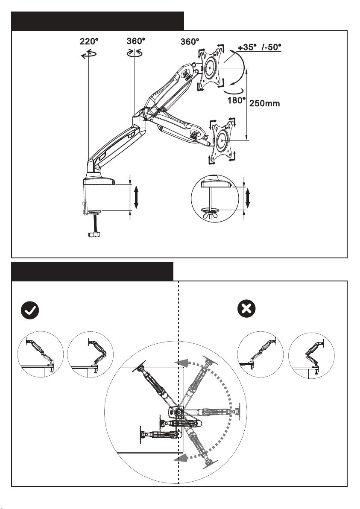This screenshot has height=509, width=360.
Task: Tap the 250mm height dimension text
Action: point(264,103)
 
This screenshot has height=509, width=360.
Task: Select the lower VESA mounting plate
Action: point(222,140)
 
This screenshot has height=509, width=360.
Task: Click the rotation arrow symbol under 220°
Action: point(88,54)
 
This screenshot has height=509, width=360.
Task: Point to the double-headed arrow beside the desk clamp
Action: point(136,198)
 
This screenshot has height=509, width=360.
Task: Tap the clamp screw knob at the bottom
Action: point(94,234)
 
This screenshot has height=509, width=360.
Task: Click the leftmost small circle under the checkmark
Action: point(40,354)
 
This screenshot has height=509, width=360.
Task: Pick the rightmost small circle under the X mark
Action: point(311,354)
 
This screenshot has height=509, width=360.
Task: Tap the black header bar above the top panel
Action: point(97,21)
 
